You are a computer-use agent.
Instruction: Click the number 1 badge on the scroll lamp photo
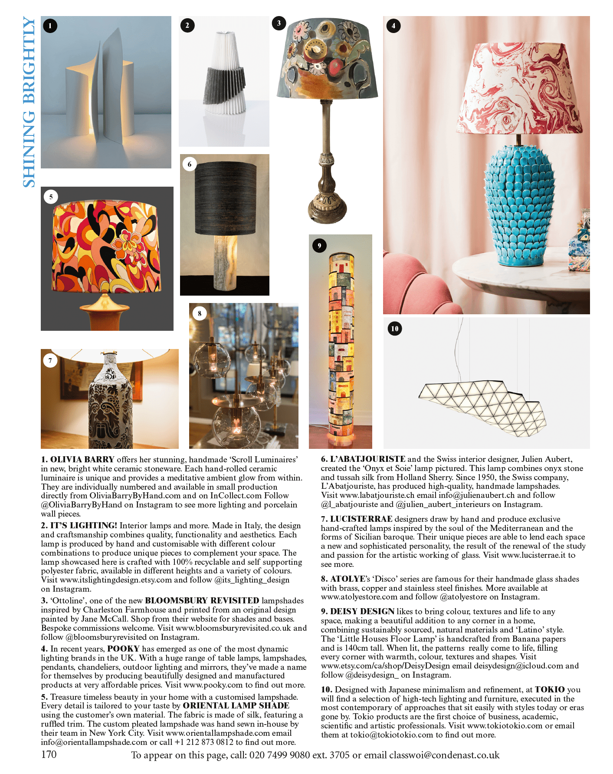point(50,26)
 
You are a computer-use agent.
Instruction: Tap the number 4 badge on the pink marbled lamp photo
point(393,26)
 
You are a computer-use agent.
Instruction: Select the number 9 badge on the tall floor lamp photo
point(319,246)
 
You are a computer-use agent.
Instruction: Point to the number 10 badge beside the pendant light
point(395,329)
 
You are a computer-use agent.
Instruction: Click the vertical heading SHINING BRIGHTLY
point(29,102)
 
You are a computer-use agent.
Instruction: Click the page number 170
point(49,754)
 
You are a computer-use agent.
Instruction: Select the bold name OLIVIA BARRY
point(82,459)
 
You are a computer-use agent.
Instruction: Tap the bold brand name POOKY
point(123,649)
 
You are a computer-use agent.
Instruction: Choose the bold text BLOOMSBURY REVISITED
point(202,600)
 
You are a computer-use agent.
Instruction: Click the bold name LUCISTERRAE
point(361,519)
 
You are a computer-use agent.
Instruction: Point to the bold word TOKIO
point(550,689)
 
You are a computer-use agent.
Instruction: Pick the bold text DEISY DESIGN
point(362,611)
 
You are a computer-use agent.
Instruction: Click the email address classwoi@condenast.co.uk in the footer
point(444,755)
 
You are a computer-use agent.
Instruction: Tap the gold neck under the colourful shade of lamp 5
point(106,300)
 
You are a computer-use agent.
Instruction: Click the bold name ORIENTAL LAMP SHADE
point(236,705)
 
